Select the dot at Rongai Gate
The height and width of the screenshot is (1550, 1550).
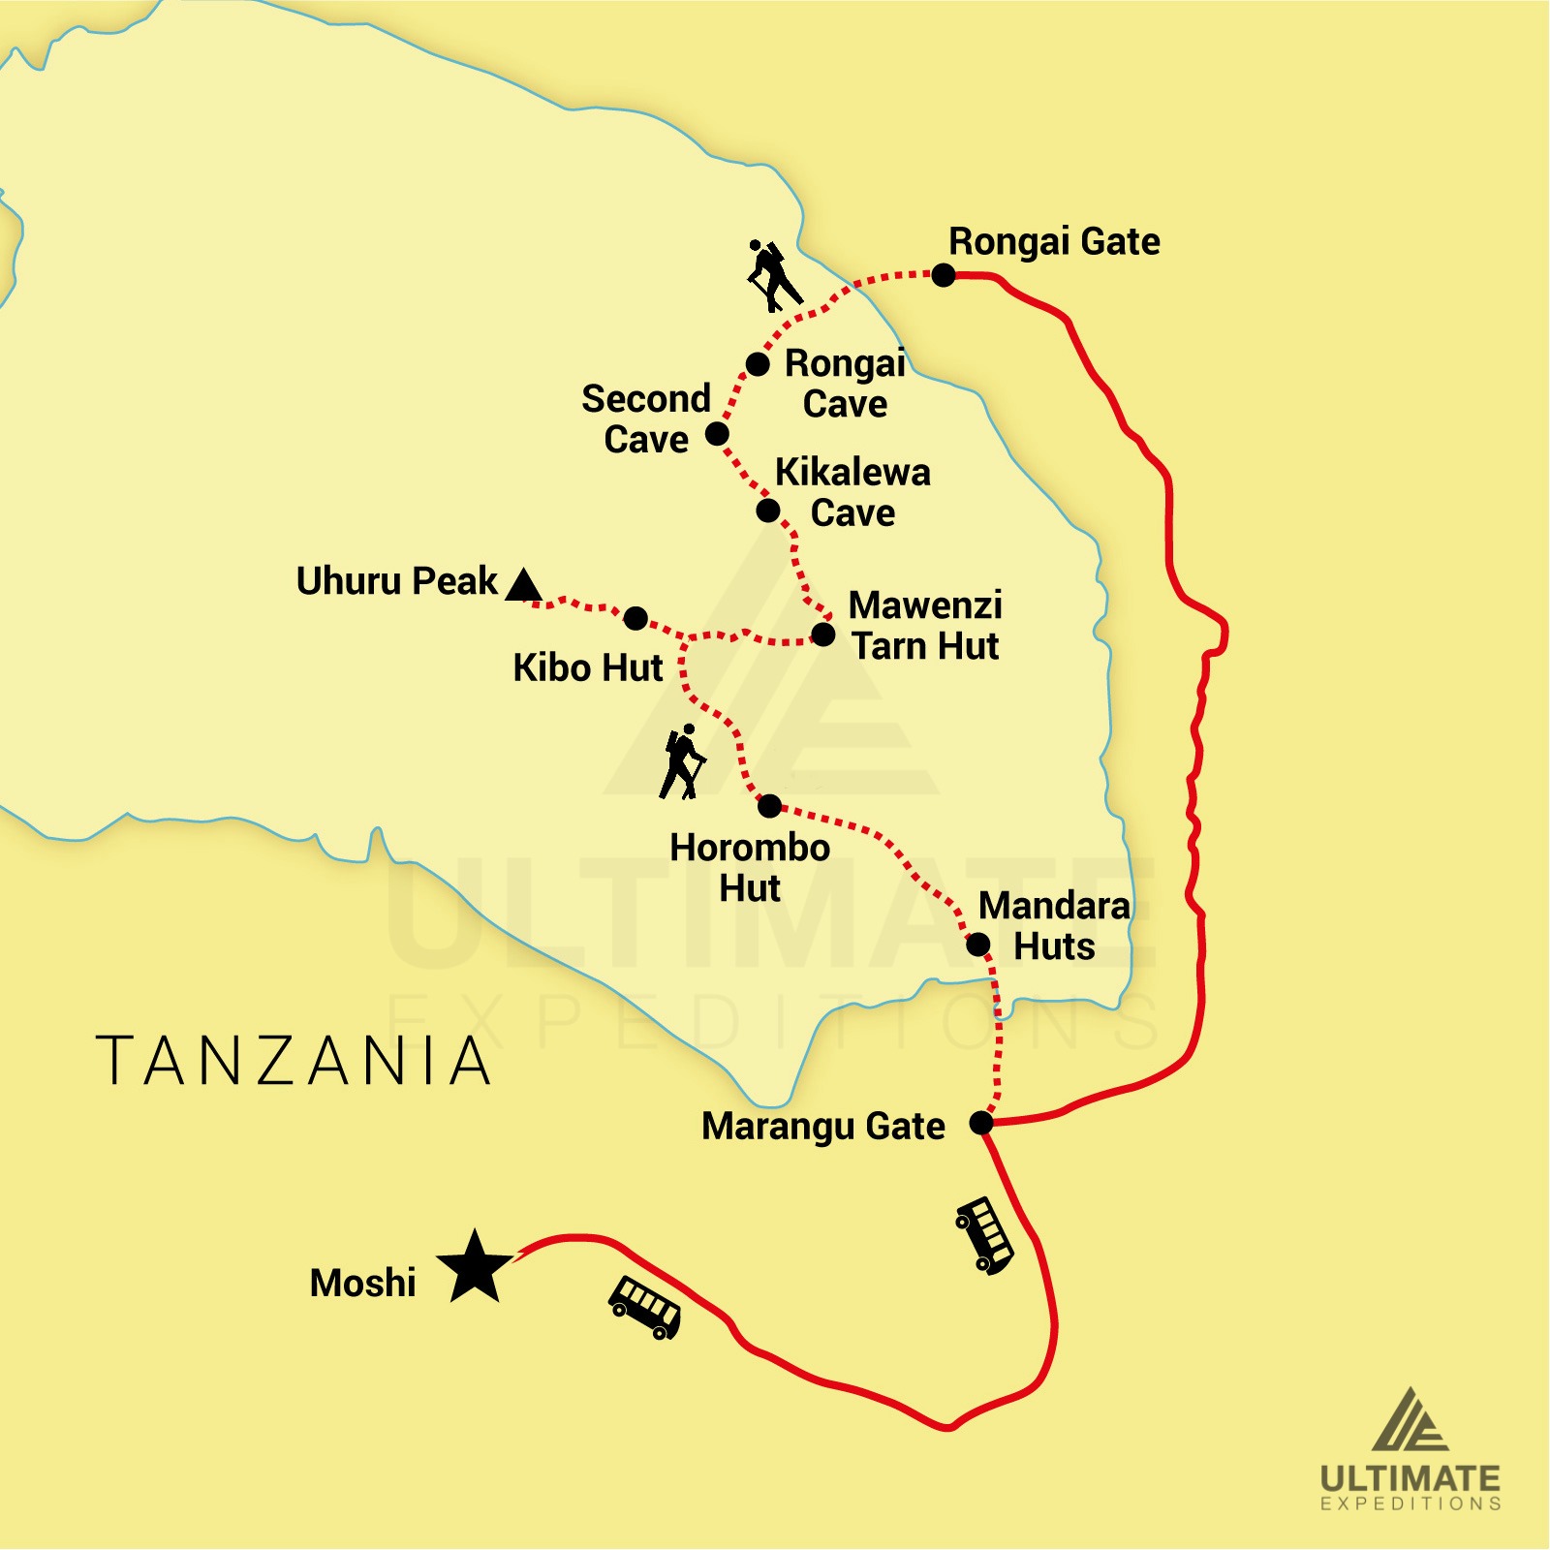coord(944,275)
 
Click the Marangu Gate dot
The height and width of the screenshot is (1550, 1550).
coord(981,1123)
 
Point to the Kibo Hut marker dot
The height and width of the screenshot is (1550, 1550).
coord(635,618)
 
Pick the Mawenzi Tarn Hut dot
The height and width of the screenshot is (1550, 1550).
coord(822,635)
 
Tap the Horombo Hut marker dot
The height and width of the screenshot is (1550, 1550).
coord(769,805)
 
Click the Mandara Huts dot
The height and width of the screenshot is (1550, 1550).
coord(978,944)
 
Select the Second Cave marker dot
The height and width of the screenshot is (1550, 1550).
coord(717,433)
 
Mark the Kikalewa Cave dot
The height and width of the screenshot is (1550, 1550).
coord(768,510)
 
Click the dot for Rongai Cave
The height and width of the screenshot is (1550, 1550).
coord(758,364)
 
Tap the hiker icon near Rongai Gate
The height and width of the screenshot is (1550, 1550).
coord(772,276)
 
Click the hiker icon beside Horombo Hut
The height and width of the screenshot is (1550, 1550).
coord(683,762)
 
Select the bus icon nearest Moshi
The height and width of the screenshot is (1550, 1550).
coord(645,1308)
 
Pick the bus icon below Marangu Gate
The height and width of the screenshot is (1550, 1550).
coord(985,1234)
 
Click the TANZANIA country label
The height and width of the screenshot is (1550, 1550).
coord(294,1061)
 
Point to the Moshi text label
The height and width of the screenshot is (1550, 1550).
coord(362,1283)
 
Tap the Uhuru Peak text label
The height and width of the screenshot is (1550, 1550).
coord(396,581)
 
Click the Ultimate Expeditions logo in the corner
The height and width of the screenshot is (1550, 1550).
coord(1410,1449)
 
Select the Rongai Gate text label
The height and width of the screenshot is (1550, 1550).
coord(1054,241)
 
